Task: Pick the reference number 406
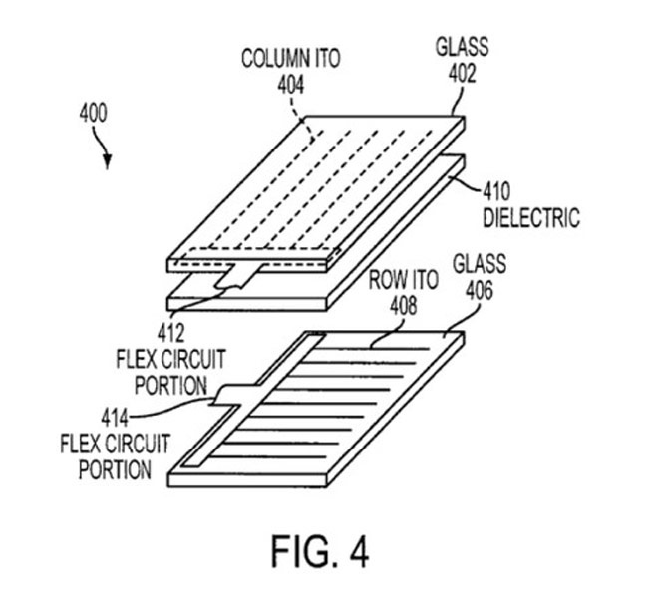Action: (480, 288)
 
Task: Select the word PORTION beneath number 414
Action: (116, 468)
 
